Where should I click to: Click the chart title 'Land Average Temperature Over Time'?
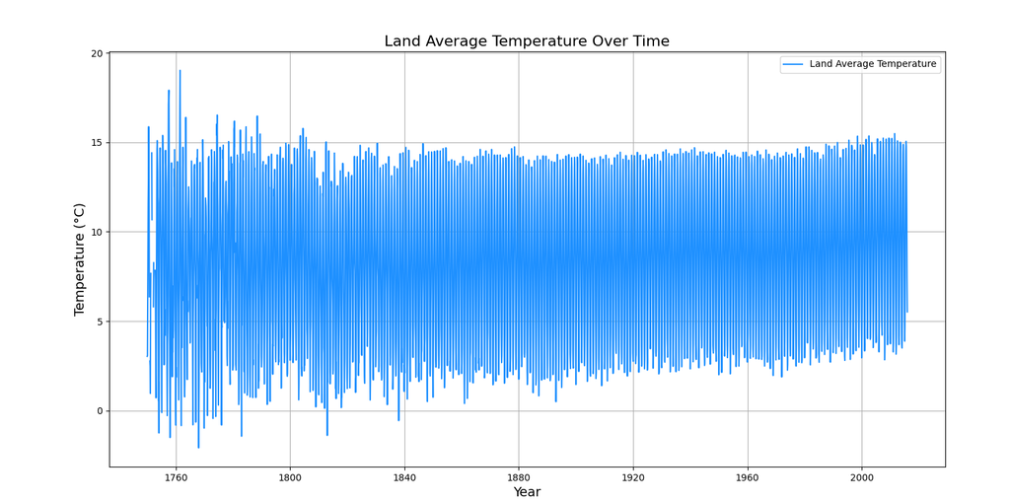pyautogui.click(x=527, y=41)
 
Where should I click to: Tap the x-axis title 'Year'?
pyautogui.click(x=527, y=492)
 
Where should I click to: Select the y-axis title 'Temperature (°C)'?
pyautogui.click(x=79, y=259)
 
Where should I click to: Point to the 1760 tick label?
pyautogui.click(x=176, y=477)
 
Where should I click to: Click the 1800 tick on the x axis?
pyautogui.click(x=290, y=477)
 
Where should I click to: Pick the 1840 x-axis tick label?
pyautogui.click(x=404, y=477)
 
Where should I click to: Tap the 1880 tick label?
pyautogui.click(x=519, y=477)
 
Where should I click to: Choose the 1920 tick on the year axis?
pyautogui.click(x=633, y=477)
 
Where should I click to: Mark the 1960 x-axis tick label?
pyautogui.click(x=748, y=477)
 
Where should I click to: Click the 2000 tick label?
pyautogui.click(x=862, y=477)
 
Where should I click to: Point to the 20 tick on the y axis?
pyautogui.click(x=98, y=53)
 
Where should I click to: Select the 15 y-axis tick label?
pyautogui.click(x=98, y=142)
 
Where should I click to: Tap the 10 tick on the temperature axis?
pyautogui.click(x=98, y=232)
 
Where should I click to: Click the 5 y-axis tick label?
pyautogui.click(x=101, y=322)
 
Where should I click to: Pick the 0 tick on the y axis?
pyautogui.click(x=101, y=411)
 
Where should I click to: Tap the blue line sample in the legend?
pyautogui.click(x=793, y=64)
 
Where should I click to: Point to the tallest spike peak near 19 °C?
pyautogui.click(x=180, y=70)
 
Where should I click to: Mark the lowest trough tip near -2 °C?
pyautogui.click(x=198, y=447)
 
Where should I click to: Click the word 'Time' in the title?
pyautogui.click(x=651, y=41)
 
